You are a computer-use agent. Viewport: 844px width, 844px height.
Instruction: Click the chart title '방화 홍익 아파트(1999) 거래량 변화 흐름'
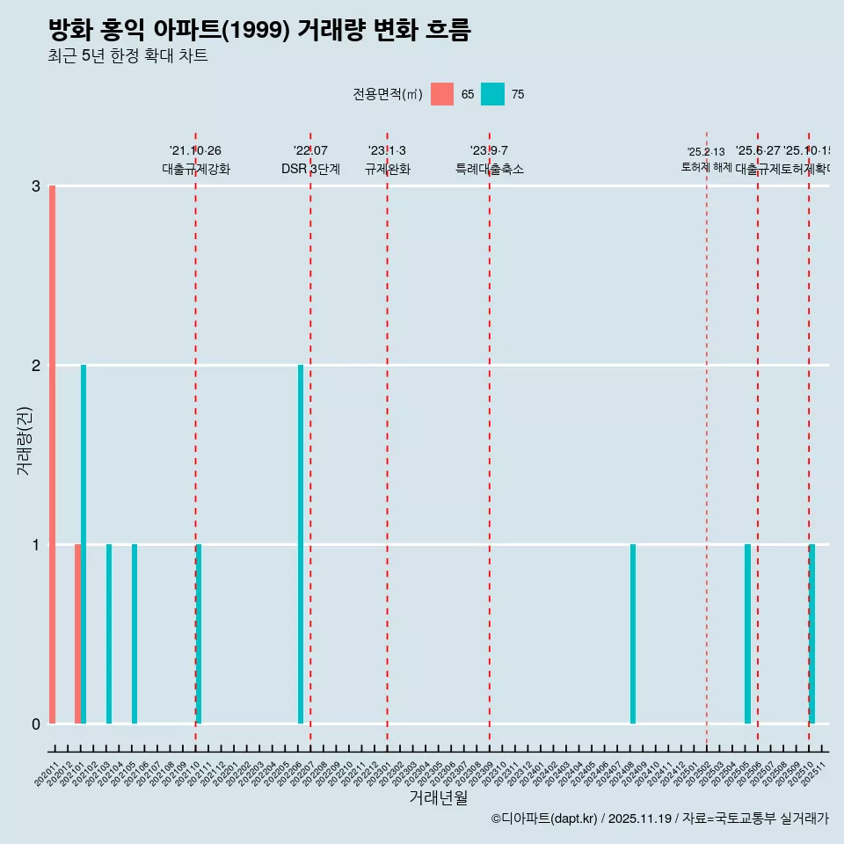click(259, 30)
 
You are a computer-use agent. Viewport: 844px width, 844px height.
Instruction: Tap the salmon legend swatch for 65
click(442, 94)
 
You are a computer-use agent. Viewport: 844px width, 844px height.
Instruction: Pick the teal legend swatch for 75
click(492, 94)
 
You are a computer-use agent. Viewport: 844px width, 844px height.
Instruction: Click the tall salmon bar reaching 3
click(53, 454)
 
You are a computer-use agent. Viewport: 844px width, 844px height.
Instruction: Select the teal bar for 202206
click(301, 544)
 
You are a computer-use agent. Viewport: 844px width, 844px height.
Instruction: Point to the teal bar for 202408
click(633, 634)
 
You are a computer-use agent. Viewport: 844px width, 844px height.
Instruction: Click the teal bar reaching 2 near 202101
click(84, 544)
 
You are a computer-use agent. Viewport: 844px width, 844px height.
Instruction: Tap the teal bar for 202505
click(747, 634)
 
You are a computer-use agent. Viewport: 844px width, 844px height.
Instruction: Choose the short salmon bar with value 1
click(77, 634)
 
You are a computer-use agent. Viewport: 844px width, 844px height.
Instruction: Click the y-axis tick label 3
click(36, 186)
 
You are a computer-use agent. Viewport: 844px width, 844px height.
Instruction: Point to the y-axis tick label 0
click(36, 724)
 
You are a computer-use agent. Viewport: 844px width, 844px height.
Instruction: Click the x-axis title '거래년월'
click(438, 797)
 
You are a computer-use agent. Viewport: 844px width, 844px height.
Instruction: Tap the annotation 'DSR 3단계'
click(310, 169)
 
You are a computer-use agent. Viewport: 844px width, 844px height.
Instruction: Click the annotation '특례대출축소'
click(489, 169)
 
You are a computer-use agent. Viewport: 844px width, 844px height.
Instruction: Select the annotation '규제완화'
click(387, 169)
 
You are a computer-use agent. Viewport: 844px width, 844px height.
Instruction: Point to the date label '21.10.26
click(195, 151)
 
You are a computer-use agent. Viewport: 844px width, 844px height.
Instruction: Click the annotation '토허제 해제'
click(706, 167)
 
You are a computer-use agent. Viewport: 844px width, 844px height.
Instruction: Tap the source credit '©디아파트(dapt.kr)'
click(544, 819)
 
